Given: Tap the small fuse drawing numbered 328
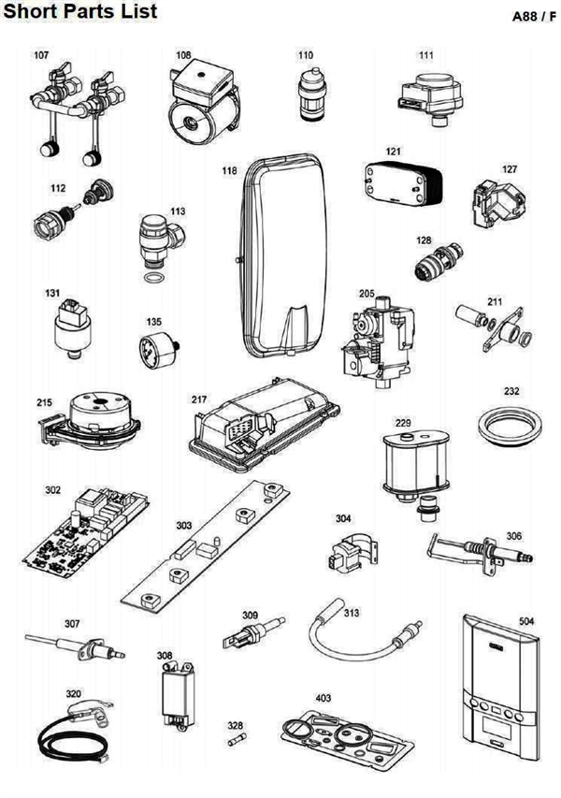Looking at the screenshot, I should [x=235, y=740].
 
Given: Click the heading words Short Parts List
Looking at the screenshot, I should [x=79, y=12].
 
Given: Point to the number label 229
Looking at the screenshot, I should [x=403, y=424].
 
